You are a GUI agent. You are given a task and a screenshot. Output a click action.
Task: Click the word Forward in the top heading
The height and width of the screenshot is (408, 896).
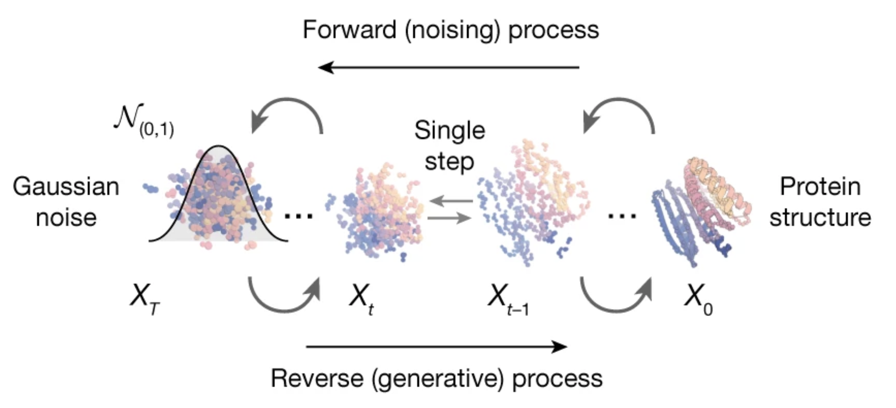pyautogui.click(x=349, y=30)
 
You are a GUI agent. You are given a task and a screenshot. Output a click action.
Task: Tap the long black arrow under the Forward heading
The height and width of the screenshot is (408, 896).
pyautogui.click(x=448, y=67)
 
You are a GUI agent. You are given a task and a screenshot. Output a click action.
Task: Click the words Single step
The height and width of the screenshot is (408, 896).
pyautogui.click(x=450, y=146)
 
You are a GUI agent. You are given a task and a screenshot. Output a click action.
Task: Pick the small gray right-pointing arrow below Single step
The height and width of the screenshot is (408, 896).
pyautogui.click(x=449, y=218)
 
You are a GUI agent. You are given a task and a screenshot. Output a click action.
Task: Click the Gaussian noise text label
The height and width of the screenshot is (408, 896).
pyautogui.click(x=66, y=202)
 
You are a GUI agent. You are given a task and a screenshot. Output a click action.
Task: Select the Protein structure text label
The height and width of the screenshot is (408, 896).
pyautogui.click(x=820, y=202)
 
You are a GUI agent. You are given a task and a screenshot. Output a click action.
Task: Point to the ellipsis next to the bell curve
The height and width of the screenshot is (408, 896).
pyautogui.click(x=299, y=216)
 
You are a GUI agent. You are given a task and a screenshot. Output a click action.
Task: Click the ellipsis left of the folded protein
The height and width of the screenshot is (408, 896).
pyautogui.click(x=622, y=216)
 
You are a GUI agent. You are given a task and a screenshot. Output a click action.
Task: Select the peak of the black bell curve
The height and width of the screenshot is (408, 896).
pyautogui.click(x=218, y=147)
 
